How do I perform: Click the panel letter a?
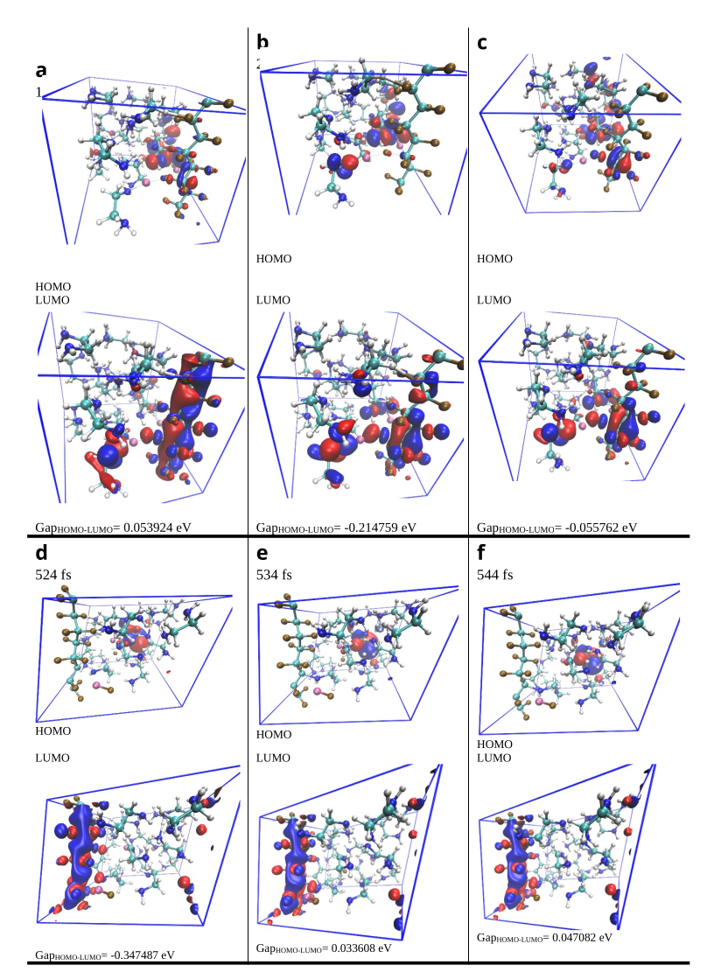41,71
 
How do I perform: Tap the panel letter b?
262,42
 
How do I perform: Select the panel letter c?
483,42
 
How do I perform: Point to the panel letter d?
41,553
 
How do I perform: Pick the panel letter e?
262,553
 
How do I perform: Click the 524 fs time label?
53,575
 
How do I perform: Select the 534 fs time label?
274,575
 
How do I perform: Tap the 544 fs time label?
494,575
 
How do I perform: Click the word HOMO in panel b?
274,259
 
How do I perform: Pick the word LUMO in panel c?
493,300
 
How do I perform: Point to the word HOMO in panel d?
53,731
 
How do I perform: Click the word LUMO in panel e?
274,758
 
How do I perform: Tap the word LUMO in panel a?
52,299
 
